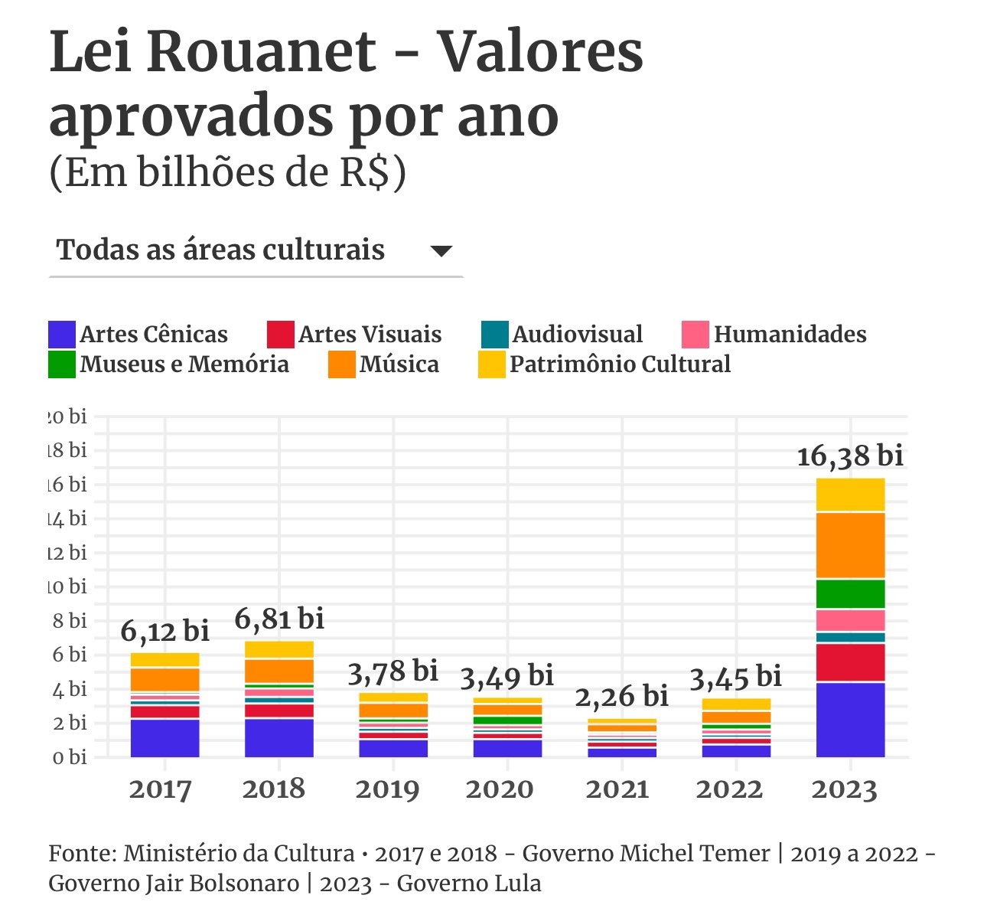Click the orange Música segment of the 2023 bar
[x=850, y=544]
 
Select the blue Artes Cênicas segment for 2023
[x=850, y=719]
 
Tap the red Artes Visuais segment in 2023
[x=850, y=662]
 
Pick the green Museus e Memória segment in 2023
[x=850, y=593]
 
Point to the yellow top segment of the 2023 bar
[x=850, y=495]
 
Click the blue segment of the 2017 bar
[x=164, y=737]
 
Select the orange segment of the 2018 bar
[x=279, y=671]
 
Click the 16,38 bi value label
[x=850, y=456]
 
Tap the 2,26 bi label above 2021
[x=622, y=696]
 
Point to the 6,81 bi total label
[x=279, y=619]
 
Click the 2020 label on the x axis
[x=499, y=789]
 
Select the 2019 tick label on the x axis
[x=388, y=789]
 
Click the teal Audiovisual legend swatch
[x=494, y=335]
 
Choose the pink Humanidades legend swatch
[x=695, y=335]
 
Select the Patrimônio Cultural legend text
[x=620, y=364]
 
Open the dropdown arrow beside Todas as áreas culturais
[x=441, y=251]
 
